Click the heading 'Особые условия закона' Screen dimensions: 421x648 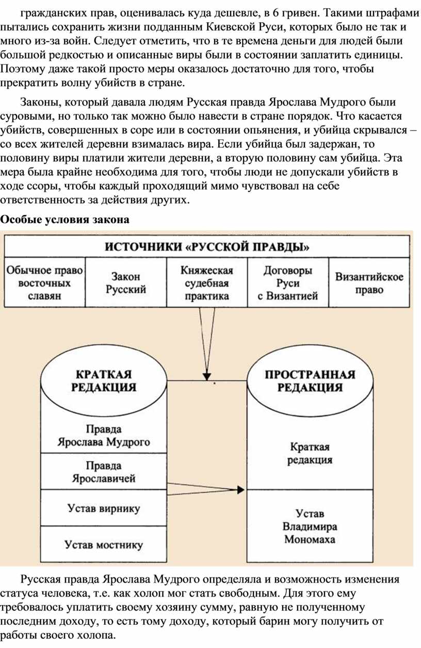click(x=64, y=220)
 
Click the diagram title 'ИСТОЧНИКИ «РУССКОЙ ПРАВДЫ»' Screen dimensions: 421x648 click(x=207, y=247)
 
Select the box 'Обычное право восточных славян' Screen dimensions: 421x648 click(x=44, y=283)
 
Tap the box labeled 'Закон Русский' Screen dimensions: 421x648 click(x=126, y=283)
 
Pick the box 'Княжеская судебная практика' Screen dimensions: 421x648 click(x=207, y=283)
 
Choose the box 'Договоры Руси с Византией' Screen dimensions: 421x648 click(x=288, y=283)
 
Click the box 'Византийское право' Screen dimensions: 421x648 click(x=369, y=283)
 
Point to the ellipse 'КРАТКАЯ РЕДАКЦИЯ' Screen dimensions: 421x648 click(x=104, y=380)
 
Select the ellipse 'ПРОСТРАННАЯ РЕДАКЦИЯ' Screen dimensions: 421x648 click(x=310, y=380)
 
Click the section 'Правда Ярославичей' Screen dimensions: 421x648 click(x=104, y=472)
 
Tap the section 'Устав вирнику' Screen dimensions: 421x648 click(x=104, y=508)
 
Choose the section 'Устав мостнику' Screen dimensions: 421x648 click(x=104, y=544)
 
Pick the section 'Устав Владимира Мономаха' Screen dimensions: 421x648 click(x=310, y=526)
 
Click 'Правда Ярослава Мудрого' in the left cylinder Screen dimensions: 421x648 click(x=104, y=436)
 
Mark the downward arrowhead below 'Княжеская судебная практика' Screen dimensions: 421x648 click(x=207, y=376)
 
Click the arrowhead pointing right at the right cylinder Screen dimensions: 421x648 click(x=241, y=490)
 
